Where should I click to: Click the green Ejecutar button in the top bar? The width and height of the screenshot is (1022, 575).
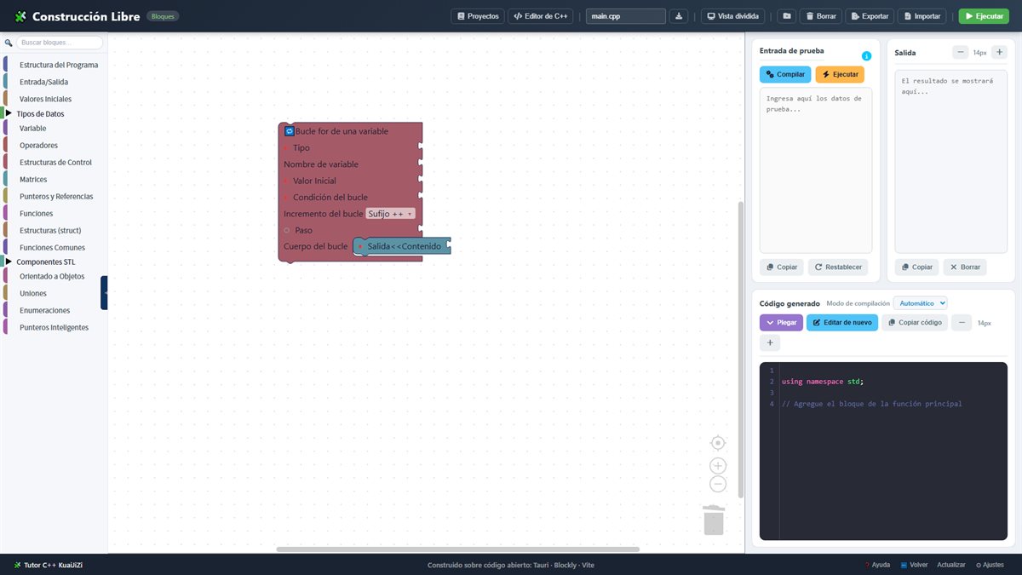(984, 16)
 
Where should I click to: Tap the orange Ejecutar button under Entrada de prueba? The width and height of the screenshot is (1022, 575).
(840, 74)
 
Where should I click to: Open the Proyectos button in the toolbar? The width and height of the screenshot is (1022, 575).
(478, 16)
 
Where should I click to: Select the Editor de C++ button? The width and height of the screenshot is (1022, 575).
(540, 16)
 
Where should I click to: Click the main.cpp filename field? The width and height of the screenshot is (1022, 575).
(625, 16)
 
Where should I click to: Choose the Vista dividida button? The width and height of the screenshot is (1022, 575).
(732, 16)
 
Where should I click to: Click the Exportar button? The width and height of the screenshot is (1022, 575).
(870, 16)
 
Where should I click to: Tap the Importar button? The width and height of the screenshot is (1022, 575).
(922, 16)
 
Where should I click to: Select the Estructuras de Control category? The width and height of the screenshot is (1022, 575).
(55, 163)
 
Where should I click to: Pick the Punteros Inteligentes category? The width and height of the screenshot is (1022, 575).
(54, 327)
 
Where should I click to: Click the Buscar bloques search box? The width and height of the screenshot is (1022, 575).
(60, 43)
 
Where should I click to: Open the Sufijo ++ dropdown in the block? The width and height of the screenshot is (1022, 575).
(390, 214)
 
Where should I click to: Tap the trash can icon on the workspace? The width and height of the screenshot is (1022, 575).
(714, 520)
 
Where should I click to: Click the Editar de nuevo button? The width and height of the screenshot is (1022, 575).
(841, 323)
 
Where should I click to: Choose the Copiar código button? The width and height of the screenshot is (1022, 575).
(915, 323)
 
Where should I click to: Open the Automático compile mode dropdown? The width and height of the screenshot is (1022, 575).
(921, 303)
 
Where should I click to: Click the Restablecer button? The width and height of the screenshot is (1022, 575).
(838, 267)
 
